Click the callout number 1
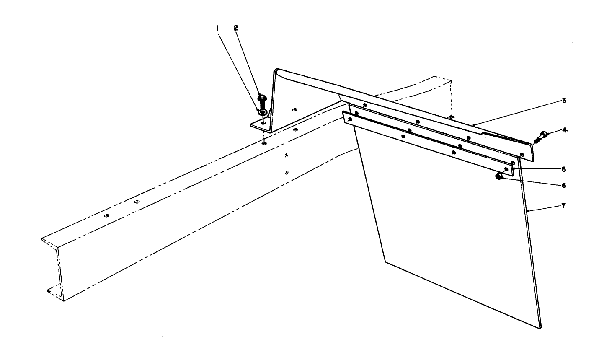[x=217, y=28]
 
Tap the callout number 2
[x=235, y=28]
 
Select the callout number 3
[x=564, y=101]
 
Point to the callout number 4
[x=565, y=130]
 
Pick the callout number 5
[x=564, y=169]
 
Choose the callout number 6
[x=564, y=185]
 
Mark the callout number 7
[x=563, y=206]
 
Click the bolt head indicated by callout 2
[x=262, y=98]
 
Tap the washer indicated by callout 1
[x=262, y=112]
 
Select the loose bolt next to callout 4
[x=540, y=137]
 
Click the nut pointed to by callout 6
[x=499, y=176]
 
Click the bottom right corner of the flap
[x=540, y=328]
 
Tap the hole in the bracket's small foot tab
[x=263, y=123]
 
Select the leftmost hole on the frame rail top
[x=107, y=215]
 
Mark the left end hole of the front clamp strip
[x=350, y=119]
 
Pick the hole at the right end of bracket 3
[x=522, y=155]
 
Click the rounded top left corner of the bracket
[x=276, y=70]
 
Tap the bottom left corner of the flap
[x=385, y=262]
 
